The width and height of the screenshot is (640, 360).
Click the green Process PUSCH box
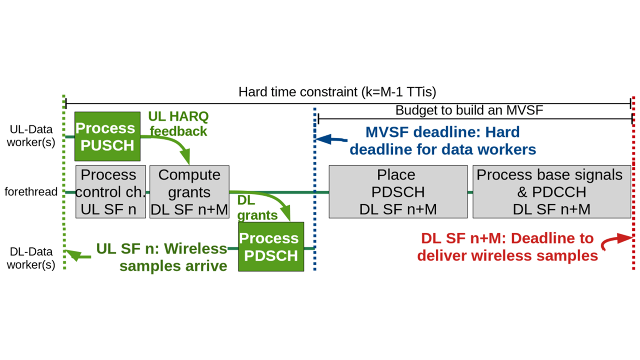107,137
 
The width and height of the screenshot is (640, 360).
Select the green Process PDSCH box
271,247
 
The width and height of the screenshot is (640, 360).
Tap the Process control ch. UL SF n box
110,192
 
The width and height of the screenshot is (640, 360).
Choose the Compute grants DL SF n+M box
189,192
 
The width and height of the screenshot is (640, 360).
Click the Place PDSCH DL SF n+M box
398,192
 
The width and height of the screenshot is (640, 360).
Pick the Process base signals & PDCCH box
552,192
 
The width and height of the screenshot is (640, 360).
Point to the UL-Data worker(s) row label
31,136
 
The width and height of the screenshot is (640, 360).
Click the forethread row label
31,192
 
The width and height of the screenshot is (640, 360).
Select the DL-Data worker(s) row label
31,258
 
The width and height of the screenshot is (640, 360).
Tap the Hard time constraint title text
337,92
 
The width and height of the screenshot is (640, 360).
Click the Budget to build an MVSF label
469,110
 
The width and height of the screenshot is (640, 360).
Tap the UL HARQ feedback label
178,124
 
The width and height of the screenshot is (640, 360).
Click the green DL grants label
257,208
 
